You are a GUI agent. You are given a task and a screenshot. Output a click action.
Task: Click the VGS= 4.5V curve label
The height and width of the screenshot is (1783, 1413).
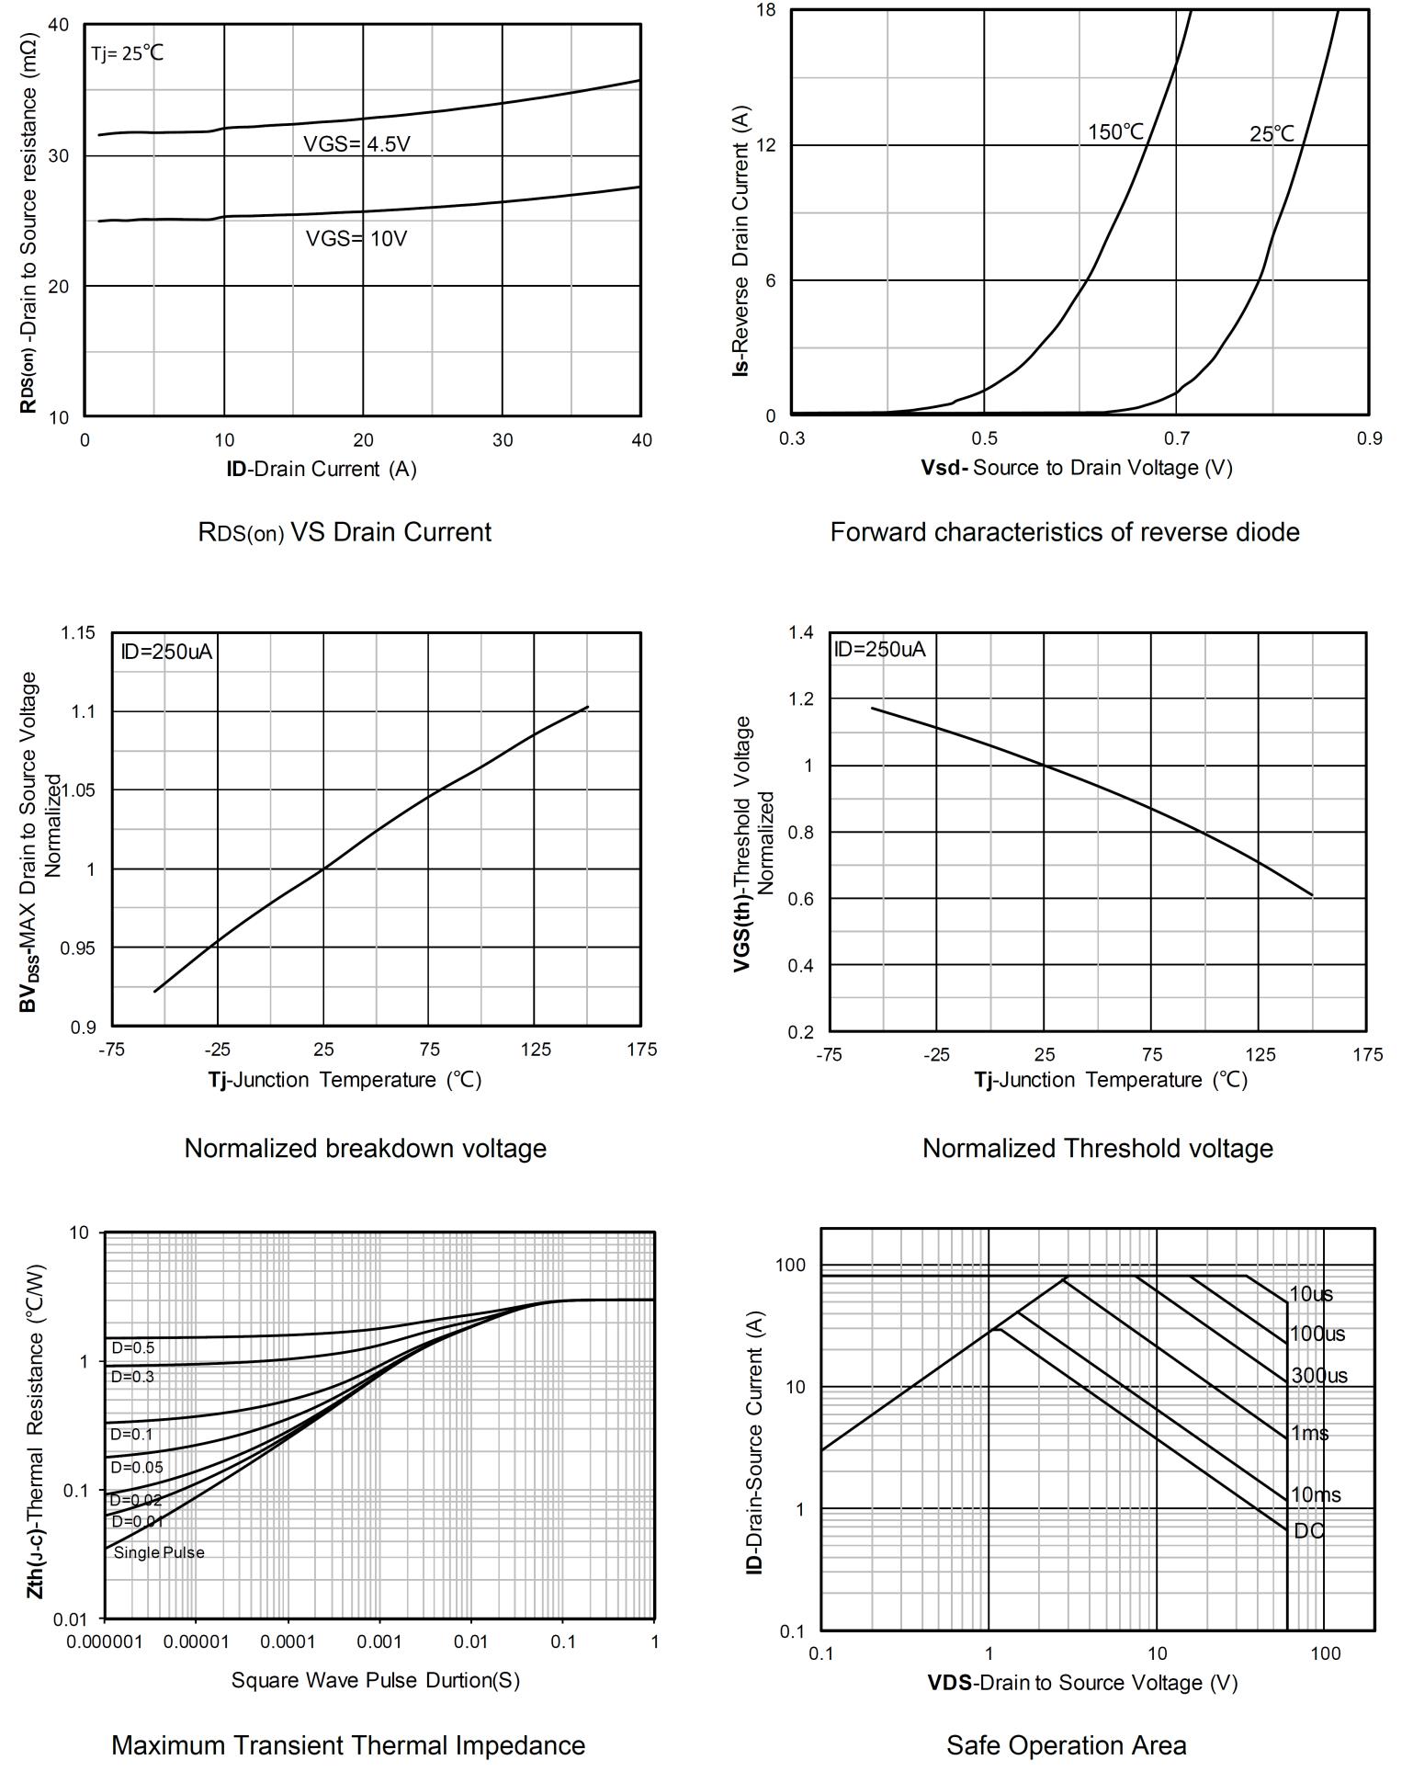pyautogui.click(x=356, y=144)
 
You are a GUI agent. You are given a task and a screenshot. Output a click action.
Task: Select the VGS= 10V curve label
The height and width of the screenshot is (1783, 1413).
pyautogui.click(x=356, y=239)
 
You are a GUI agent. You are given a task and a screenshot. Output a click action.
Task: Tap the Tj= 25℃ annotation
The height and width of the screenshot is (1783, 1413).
pyautogui.click(x=127, y=53)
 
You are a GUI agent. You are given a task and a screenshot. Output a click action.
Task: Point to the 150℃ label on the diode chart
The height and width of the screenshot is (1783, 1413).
pyautogui.click(x=1116, y=132)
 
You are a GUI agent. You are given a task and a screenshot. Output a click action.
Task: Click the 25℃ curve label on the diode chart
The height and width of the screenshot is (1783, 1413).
pyautogui.click(x=1272, y=134)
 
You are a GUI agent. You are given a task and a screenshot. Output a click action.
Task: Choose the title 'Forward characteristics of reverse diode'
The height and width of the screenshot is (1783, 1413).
pyautogui.click(x=1065, y=532)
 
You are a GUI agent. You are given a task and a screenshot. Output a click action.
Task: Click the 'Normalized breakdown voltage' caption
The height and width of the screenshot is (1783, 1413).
pyautogui.click(x=366, y=1148)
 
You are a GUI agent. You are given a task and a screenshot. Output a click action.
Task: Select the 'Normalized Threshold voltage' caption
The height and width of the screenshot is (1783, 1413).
pyautogui.click(x=1098, y=1148)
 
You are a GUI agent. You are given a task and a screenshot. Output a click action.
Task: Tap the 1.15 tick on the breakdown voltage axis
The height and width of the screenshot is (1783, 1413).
pyautogui.click(x=78, y=633)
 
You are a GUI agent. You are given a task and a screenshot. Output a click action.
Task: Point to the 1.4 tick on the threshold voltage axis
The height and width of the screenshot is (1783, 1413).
pyautogui.click(x=801, y=632)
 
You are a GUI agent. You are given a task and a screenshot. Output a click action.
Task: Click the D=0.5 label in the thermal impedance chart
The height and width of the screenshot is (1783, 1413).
pyautogui.click(x=133, y=1348)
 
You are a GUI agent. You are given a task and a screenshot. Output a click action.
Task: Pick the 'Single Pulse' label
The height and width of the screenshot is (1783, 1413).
pyautogui.click(x=159, y=1552)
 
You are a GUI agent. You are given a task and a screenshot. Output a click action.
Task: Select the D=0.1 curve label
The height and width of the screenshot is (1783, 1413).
pyautogui.click(x=132, y=1434)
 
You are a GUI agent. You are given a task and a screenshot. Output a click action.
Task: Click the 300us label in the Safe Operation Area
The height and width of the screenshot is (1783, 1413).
pyautogui.click(x=1319, y=1376)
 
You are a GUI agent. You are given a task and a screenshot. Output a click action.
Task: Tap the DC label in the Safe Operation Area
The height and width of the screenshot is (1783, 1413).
pyautogui.click(x=1309, y=1531)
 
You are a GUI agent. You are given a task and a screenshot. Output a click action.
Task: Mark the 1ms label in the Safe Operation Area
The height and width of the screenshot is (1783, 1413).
pyautogui.click(x=1310, y=1434)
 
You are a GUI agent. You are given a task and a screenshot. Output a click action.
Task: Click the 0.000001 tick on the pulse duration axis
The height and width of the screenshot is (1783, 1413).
pyautogui.click(x=105, y=1642)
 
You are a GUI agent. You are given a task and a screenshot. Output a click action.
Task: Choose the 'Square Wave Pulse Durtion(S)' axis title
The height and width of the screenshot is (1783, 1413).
pyautogui.click(x=375, y=1680)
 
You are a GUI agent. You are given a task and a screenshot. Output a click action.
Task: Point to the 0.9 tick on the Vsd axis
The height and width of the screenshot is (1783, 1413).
pyautogui.click(x=1369, y=438)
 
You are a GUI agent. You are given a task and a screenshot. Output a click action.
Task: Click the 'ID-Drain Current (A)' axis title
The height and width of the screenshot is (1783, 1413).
pyautogui.click(x=322, y=469)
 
